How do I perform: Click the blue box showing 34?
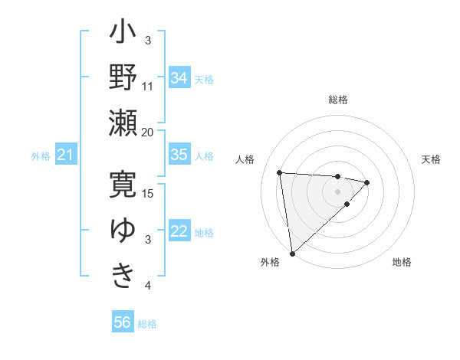(x=179, y=77)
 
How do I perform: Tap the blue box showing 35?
(x=179, y=155)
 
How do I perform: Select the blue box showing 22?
(x=179, y=231)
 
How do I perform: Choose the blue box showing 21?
(x=65, y=155)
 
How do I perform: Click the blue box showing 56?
(x=122, y=322)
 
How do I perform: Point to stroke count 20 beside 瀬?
(x=148, y=132)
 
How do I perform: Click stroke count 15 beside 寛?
(x=149, y=192)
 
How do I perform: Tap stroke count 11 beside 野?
(x=148, y=87)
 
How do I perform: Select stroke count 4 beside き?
(x=148, y=286)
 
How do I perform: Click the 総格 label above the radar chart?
(x=337, y=100)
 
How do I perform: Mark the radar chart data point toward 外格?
(x=292, y=253)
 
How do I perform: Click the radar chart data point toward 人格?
(x=280, y=172)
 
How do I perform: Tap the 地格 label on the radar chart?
(x=402, y=262)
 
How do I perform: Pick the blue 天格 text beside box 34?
(x=203, y=79)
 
